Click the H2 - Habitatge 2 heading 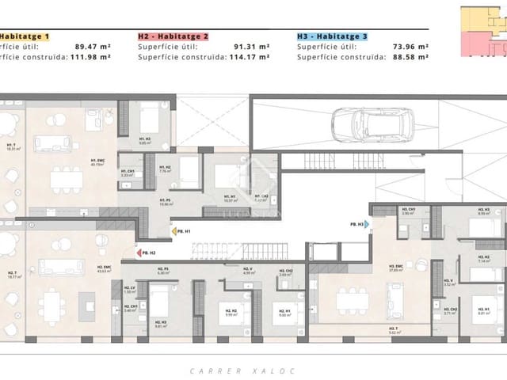click(x=173, y=36)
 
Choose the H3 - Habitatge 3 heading click(x=332, y=36)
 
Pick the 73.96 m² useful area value click(x=411, y=47)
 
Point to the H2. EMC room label click(x=103, y=269)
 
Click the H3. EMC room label click(x=395, y=268)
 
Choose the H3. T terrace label click(x=395, y=330)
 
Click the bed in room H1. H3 click(x=151, y=125)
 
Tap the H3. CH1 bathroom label click(x=410, y=211)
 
